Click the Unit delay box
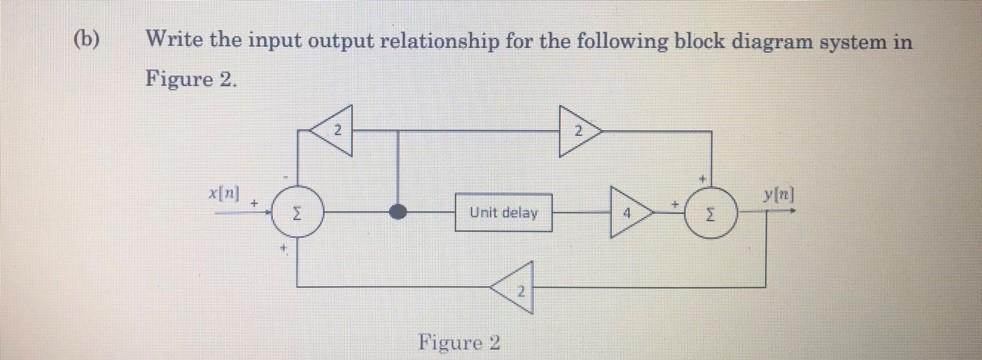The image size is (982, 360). point(503,213)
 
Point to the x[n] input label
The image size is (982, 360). point(225,191)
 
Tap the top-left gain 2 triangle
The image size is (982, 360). point(333,130)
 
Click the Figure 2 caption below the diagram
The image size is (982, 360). point(460,343)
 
